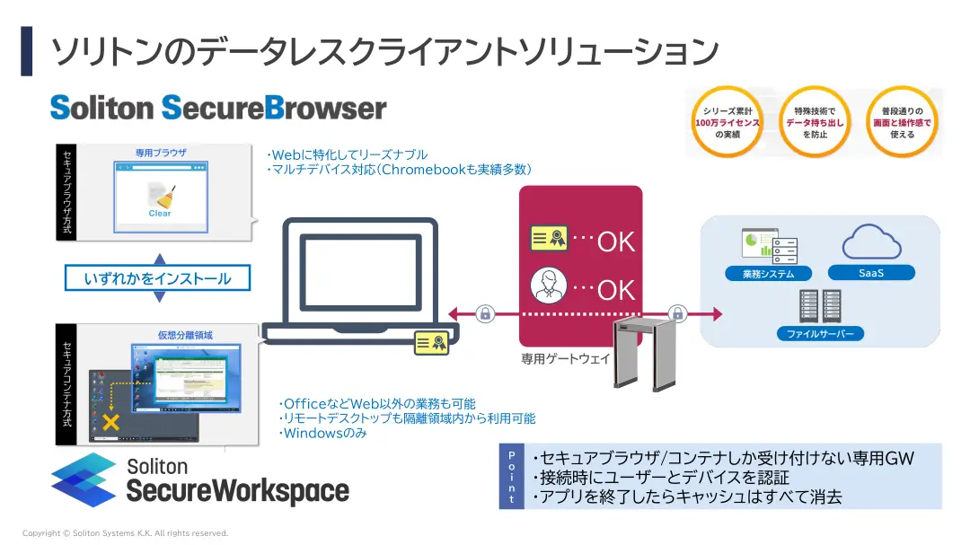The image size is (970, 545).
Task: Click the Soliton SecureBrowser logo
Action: click(x=218, y=108)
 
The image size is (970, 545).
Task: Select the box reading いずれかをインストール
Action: click(x=157, y=278)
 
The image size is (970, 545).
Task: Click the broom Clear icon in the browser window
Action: click(x=159, y=198)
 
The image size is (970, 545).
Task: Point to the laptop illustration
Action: click(x=359, y=278)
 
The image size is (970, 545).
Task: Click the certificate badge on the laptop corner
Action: click(x=431, y=343)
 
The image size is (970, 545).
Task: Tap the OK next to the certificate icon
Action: click(x=616, y=242)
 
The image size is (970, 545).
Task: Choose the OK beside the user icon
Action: click(x=616, y=289)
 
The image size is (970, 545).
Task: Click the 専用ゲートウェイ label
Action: click(x=566, y=358)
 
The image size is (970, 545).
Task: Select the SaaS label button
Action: click(x=870, y=273)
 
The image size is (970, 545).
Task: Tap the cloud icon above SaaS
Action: click(x=871, y=242)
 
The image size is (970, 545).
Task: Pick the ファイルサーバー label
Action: click(x=819, y=334)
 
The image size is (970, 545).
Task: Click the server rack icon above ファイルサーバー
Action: click(x=819, y=305)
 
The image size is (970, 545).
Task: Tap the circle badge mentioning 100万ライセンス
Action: click(x=727, y=122)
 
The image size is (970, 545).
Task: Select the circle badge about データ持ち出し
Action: click(x=815, y=122)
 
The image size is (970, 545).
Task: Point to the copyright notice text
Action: click(x=126, y=533)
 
